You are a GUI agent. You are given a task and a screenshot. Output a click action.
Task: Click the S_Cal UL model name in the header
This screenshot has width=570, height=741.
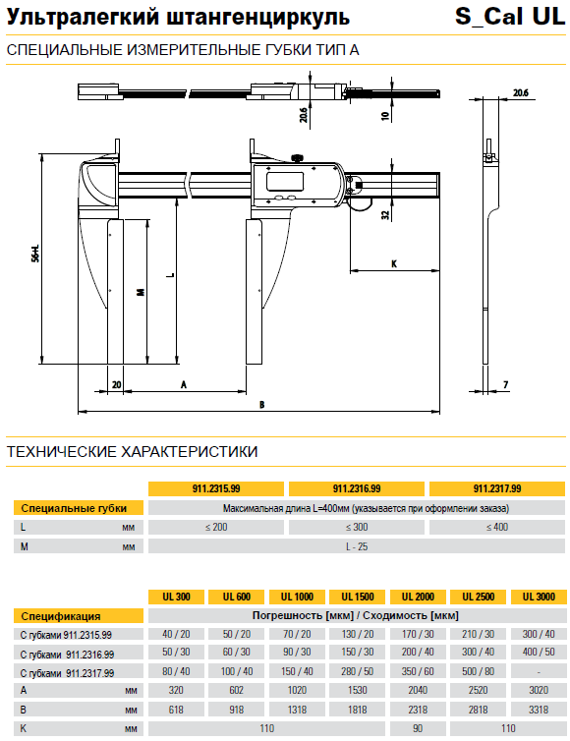510,17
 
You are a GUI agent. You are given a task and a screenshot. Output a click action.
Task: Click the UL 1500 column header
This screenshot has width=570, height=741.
358,597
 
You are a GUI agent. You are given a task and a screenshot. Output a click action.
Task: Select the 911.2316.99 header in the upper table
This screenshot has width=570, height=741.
357,488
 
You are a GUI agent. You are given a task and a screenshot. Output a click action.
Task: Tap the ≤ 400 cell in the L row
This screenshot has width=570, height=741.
497,527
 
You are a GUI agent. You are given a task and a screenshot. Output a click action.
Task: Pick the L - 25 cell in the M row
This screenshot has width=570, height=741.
357,546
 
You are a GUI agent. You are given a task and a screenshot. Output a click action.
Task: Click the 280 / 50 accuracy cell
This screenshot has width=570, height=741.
358,671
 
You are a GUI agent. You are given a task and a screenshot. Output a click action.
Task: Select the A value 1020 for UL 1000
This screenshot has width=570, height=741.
297,690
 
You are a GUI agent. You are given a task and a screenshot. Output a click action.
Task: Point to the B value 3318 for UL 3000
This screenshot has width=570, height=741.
539,710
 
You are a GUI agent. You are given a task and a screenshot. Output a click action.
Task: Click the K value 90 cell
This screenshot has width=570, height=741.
418,728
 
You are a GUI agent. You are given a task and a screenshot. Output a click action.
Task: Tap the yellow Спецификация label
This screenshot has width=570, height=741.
79,616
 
